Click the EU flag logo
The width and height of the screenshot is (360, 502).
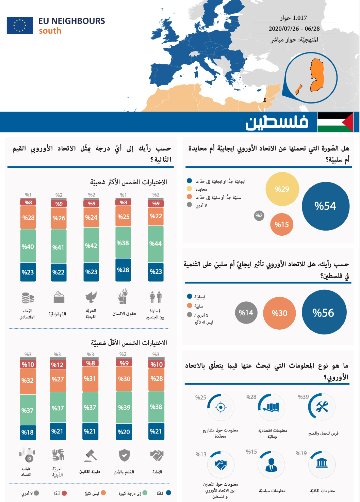(20, 26)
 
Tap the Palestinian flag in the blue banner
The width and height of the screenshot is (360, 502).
(335, 122)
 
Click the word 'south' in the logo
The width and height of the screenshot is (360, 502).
(50, 31)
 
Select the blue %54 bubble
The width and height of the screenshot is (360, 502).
(325, 206)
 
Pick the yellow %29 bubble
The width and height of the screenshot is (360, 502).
(282, 189)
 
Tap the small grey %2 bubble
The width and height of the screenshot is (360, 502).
(259, 216)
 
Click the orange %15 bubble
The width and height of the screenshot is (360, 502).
(282, 224)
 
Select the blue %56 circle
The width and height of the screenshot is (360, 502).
(324, 312)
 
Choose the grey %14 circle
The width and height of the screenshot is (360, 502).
(246, 313)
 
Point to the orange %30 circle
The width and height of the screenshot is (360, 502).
(279, 313)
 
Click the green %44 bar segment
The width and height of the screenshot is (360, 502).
(156, 244)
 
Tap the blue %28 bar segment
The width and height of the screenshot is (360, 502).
(123, 270)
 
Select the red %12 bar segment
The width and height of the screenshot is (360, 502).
(58, 365)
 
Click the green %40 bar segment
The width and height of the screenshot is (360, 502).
(28, 246)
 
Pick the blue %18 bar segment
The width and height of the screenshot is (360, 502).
(28, 432)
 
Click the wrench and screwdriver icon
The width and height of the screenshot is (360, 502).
(322, 407)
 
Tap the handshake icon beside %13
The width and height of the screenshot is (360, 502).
(220, 464)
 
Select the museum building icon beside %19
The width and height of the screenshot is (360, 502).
(322, 463)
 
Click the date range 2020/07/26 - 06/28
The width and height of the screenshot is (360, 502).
(294, 29)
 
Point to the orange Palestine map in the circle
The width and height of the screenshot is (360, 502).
(317, 75)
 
